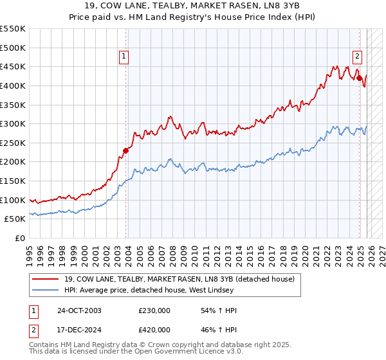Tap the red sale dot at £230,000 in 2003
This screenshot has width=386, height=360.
(x=126, y=151)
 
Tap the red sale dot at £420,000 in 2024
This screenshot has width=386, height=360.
(x=360, y=78)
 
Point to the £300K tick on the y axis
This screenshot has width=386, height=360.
(x=13, y=123)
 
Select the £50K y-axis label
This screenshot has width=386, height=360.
(x=15, y=219)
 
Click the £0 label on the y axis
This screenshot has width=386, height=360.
(x=20, y=239)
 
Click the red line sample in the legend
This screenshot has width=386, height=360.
(x=46, y=279)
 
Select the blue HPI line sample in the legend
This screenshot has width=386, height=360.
(x=46, y=291)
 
